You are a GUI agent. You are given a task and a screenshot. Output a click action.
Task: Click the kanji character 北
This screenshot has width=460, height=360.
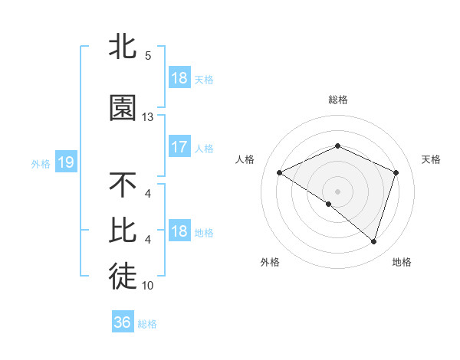(x=123, y=47)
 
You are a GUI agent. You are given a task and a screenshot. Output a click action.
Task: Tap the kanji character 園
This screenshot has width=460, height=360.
(x=123, y=108)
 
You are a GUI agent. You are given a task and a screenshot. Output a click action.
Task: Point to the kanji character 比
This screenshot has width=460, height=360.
(x=123, y=229)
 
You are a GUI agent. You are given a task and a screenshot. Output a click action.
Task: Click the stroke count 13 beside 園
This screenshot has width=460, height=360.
(x=148, y=117)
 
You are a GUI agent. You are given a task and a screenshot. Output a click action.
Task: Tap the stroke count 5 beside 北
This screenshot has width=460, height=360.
(x=148, y=56)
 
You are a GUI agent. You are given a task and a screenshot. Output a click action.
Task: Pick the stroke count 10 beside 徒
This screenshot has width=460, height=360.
(x=148, y=286)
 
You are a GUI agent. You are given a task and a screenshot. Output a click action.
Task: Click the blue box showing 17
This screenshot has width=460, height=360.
(x=179, y=147)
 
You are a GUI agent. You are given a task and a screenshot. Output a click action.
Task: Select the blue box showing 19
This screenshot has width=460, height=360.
(x=65, y=162)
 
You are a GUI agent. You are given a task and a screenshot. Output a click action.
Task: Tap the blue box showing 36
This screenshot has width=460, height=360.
(x=122, y=322)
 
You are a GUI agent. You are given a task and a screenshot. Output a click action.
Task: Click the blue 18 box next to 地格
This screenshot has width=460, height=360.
(x=179, y=231)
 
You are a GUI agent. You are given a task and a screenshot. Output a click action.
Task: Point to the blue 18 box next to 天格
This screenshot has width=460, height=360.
(x=179, y=78)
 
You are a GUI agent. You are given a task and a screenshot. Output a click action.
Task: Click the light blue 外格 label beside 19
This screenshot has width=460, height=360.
(x=41, y=163)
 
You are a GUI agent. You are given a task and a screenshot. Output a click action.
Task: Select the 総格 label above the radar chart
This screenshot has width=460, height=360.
(x=337, y=100)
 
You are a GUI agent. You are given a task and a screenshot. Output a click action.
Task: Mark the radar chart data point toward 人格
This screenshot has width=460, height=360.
(x=280, y=173)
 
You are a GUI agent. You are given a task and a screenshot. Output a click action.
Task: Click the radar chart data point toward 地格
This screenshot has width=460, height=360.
(x=373, y=241)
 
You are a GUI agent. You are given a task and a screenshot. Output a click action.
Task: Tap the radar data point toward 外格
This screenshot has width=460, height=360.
(x=329, y=204)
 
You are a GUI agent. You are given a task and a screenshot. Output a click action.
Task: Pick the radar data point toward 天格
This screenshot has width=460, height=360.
(x=396, y=172)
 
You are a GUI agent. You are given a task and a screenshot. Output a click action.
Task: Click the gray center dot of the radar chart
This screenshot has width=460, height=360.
(x=337, y=191)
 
